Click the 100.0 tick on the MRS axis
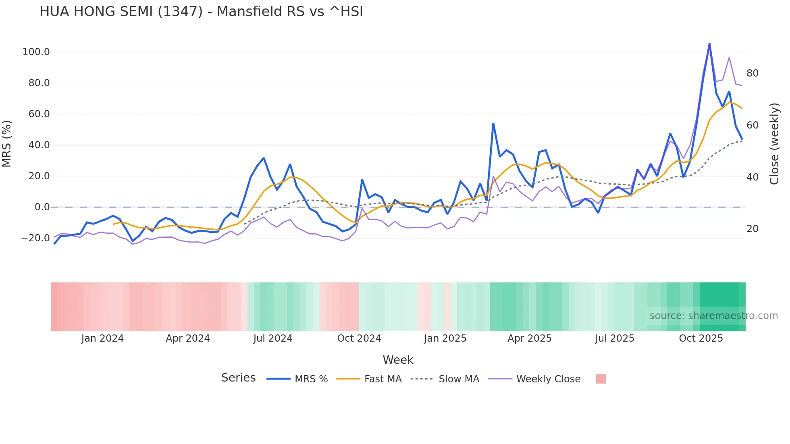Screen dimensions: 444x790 (x=36, y=52)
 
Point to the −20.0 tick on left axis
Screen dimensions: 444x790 (x=35, y=238)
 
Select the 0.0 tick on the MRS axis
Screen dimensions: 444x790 (x=42, y=207)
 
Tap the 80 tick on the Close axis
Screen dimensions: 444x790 (x=752, y=73)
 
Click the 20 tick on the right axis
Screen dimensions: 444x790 (x=752, y=229)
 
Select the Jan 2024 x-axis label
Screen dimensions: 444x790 (x=102, y=338)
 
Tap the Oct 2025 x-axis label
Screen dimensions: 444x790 (x=701, y=338)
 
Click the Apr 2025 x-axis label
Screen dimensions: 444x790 (x=529, y=338)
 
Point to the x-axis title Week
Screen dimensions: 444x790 (x=398, y=360)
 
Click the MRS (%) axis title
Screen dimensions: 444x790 (x=7, y=144)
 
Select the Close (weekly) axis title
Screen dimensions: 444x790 (x=774, y=144)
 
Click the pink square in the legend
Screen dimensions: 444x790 (x=601, y=379)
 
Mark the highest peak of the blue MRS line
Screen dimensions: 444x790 (x=709, y=44)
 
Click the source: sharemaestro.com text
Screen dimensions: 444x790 (x=713, y=316)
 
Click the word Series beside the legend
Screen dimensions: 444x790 (x=238, y=378)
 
